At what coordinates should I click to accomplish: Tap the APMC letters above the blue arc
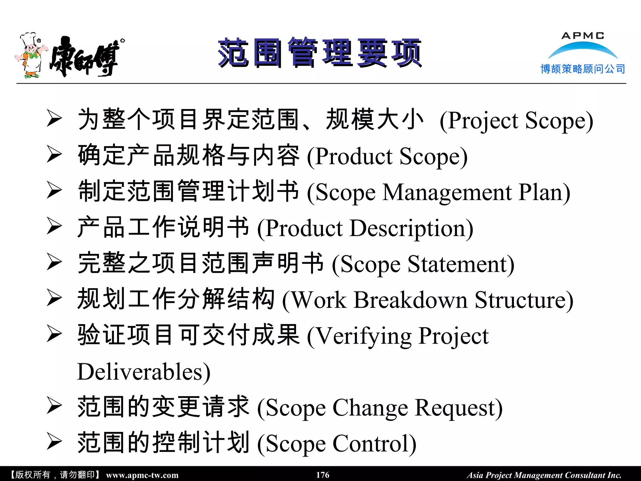(x=583, y=36)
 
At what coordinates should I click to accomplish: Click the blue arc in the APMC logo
(x=583, y=49)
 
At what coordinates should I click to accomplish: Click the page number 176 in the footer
(x=323, y=475)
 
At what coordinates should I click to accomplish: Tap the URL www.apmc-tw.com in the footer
(x=142, y=475)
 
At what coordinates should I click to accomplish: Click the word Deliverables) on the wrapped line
(x=144, y=372)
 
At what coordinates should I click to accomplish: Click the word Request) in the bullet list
(x=459, y=408)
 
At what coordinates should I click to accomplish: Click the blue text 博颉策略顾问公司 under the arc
(x=583, y=69)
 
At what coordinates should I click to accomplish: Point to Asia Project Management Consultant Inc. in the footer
(x=544, y=475)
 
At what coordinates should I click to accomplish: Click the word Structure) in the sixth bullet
(x=524, y=300)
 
